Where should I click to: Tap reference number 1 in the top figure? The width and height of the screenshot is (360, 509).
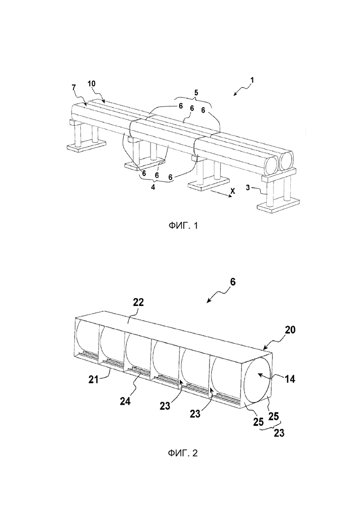[x=252, y=79]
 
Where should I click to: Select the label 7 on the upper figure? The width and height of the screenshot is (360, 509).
[x=73, y=87]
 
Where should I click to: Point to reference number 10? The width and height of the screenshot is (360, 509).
[x=92, y=83]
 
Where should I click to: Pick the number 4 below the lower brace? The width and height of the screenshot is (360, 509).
[x=153, y=187]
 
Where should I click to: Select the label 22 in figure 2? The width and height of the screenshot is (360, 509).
[x=138, y=302]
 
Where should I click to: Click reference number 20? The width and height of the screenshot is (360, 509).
[x=290, y=330]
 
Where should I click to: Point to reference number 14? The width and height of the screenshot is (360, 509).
[x=290, y=378]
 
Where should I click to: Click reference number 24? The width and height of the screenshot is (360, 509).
[x=125, y=401]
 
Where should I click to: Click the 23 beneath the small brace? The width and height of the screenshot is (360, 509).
[x=279, y=433]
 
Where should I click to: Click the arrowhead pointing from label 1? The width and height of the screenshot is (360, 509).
[x=235, y=94]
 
